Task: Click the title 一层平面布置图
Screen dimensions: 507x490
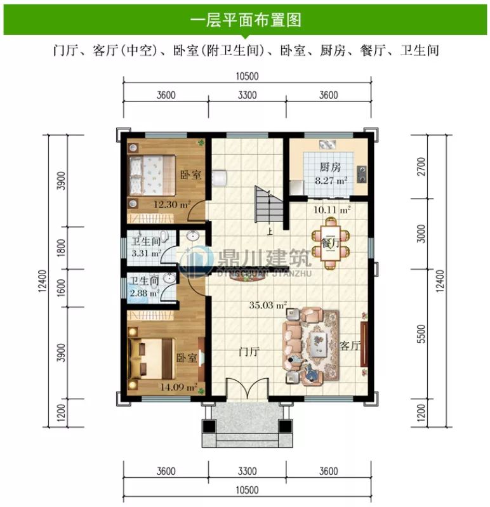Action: tap(245, 19)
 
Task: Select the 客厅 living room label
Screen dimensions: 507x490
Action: tap(350, 346)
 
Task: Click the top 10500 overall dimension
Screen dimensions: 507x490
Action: tap(247, 76)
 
